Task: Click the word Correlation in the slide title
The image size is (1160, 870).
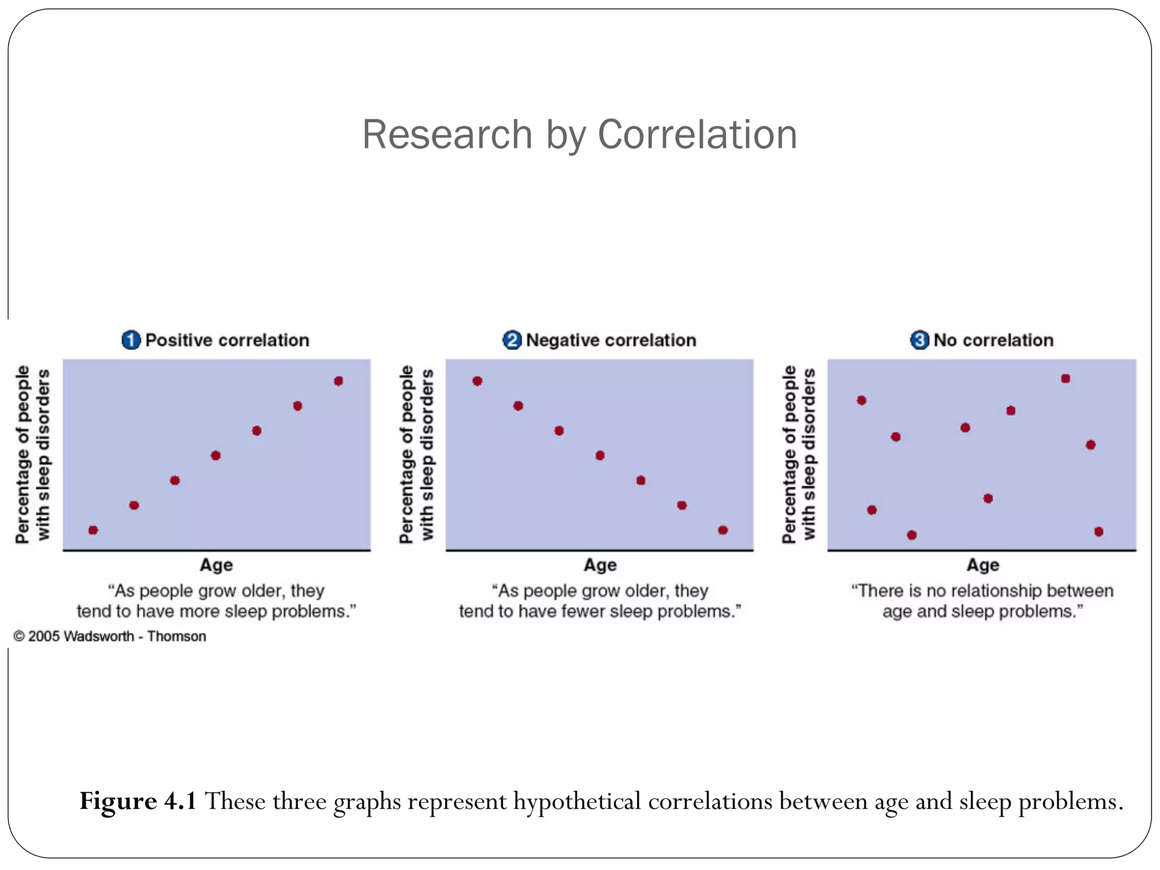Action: pos(697,135)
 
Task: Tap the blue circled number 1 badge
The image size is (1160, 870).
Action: pos(131,340)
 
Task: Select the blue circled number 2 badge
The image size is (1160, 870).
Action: pos(512,340)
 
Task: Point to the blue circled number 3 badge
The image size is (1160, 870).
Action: pos(919,340)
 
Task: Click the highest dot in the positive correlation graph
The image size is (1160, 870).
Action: pos(338,381)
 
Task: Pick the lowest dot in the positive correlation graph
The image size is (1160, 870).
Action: pos(93,530)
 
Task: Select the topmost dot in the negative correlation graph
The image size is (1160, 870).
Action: pos(477,381)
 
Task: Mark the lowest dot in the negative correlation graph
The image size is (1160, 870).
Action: pos(723,530)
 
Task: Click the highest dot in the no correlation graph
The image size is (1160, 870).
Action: pos(1065,378)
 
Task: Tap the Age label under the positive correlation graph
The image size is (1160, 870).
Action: pos(216,565)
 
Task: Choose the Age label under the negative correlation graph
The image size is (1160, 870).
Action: pos(600,565)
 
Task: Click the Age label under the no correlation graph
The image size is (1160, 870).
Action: pos(983,565)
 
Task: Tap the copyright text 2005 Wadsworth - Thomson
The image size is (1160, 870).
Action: pos(116,637)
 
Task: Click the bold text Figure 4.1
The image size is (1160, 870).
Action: pos(138,801)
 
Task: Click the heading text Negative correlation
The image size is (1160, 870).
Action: pos(611,340)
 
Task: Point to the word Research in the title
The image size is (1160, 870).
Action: pos(447,135)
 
